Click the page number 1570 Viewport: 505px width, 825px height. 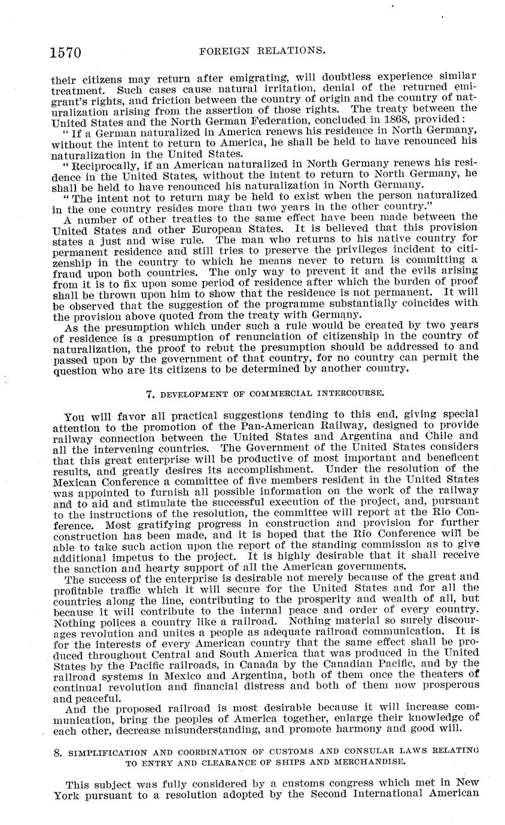click(x=65, y=53)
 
